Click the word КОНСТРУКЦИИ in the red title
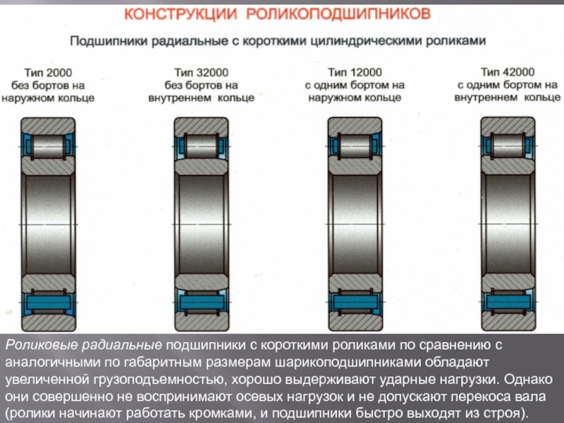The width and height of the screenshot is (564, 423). (x=180, y=14)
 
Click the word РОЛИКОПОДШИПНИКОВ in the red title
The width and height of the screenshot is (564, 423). (x=339, y=14)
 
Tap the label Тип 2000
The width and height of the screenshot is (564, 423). (x=48, y=73)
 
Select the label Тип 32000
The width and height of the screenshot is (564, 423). (x=202, y=73)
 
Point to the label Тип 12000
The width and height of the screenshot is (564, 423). (x=355, y=73)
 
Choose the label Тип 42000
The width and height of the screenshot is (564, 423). (x=508, y=72)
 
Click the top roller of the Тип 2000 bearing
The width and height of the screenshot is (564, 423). (x=48, y=147)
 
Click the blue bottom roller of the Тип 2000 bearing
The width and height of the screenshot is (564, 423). (x=48, y=302)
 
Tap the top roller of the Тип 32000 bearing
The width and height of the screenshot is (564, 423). (x=202, y=147)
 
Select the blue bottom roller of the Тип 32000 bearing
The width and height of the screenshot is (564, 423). (x=202, y=302)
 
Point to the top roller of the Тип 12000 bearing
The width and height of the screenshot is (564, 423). (x=355, y=147)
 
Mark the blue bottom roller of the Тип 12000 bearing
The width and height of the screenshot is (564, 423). (x=355, y=302)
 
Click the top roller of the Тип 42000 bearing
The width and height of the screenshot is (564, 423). (x=508, y=146)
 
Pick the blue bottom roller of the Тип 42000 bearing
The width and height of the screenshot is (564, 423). (x=508, y=302)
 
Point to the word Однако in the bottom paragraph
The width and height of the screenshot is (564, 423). (x=528, y=379)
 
